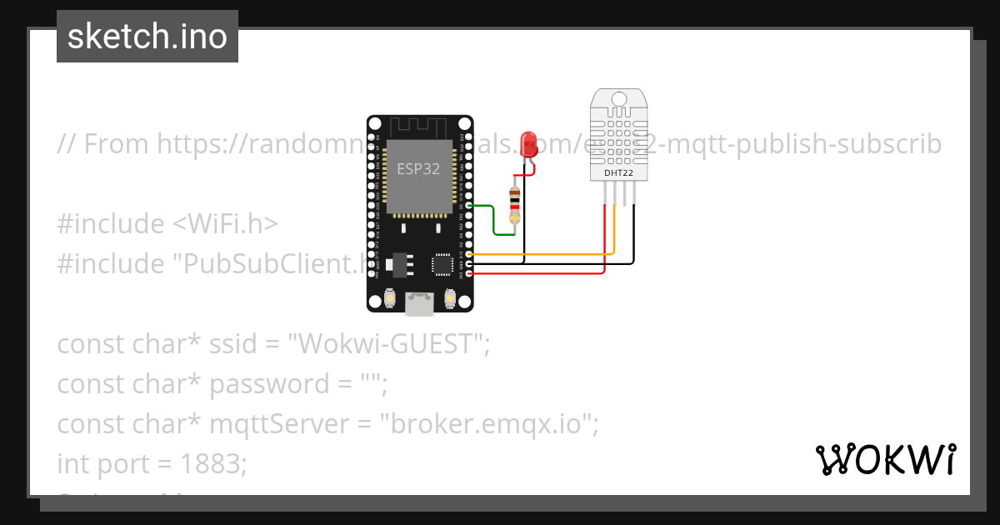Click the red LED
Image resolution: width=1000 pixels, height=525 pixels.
pos(527,144)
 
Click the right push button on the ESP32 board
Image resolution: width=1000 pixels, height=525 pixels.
pos(450,297)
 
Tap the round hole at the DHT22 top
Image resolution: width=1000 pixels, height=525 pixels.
pos(617,98)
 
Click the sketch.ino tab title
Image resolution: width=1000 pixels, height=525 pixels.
pos(147,37)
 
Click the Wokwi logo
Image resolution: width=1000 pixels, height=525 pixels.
pos(885,460)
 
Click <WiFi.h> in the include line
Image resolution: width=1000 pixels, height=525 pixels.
pos(226,224)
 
